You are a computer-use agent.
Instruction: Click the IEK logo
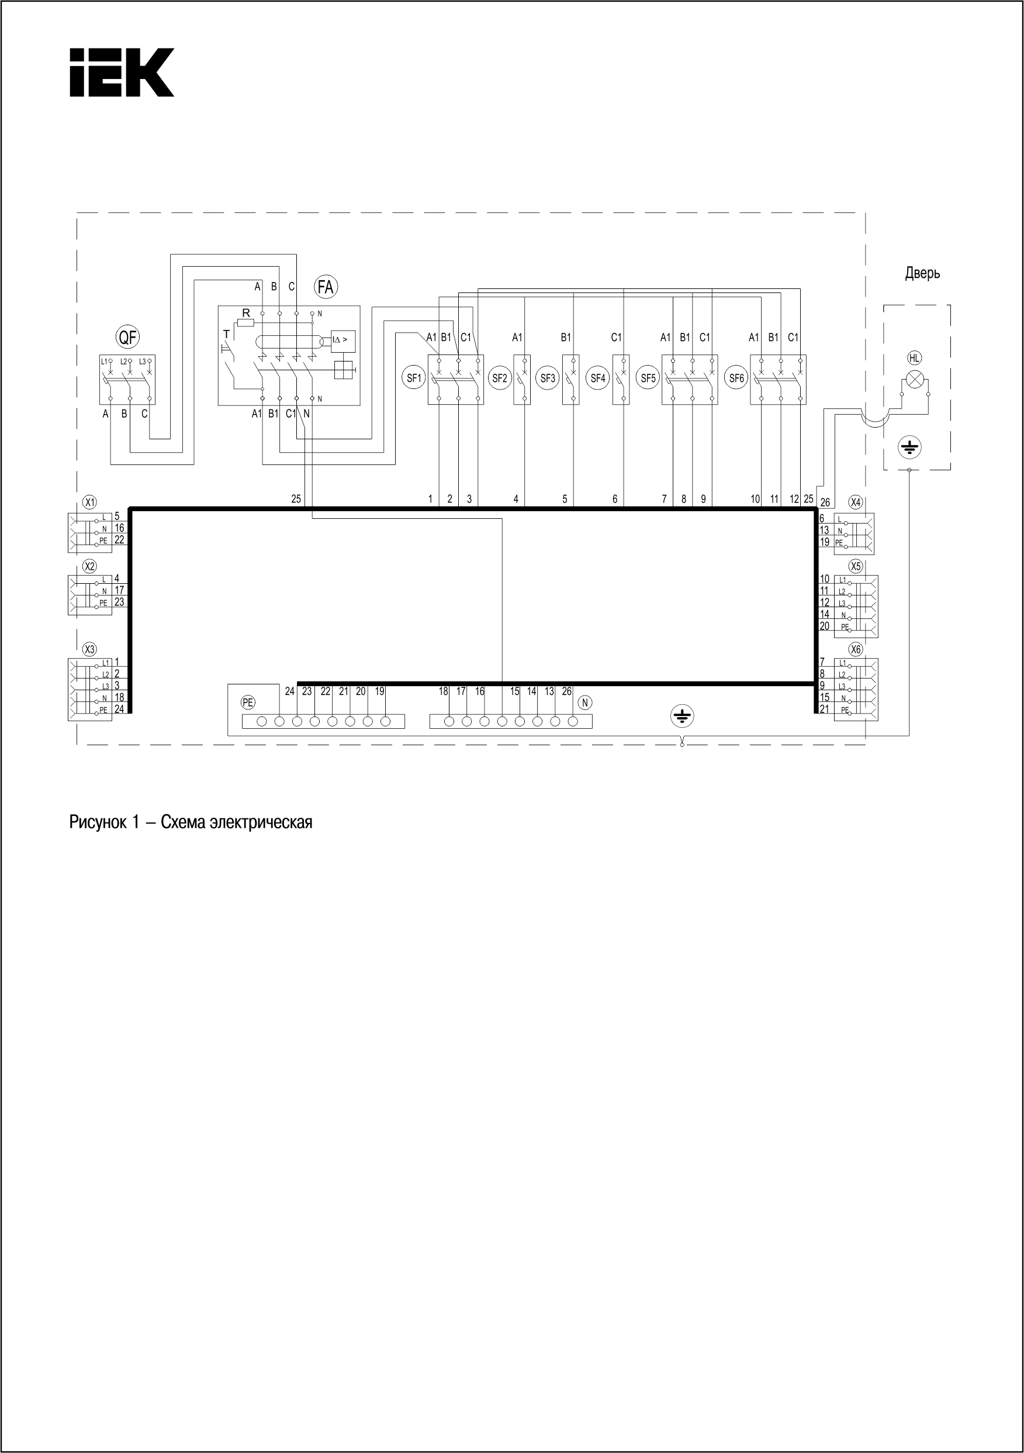click(122, 73)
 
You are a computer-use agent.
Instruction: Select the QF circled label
click(128, 338)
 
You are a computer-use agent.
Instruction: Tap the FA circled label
click(326, 287)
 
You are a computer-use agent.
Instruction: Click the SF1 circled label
click(414, 378)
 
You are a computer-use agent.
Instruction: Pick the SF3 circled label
click(548, 378)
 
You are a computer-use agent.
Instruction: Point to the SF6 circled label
click(737, 378)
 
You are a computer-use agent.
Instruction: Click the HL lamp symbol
click(915, 380)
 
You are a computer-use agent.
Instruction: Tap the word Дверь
click(922, 273)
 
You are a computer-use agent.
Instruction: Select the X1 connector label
click(91, 502)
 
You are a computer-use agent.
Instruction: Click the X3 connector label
click(91, 649)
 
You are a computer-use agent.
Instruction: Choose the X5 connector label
click(856, 566)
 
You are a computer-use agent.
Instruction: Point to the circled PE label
click(248, 702)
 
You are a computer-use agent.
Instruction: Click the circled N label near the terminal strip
click(585, 702)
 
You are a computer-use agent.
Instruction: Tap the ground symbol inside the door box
click(909, 448)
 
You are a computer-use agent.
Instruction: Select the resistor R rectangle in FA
click(245, 323)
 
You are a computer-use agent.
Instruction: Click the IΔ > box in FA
click(343, 341)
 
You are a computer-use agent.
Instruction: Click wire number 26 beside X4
click(825, 502)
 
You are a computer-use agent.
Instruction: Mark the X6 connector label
click(856, 649)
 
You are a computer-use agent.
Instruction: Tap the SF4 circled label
click(598, 378)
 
